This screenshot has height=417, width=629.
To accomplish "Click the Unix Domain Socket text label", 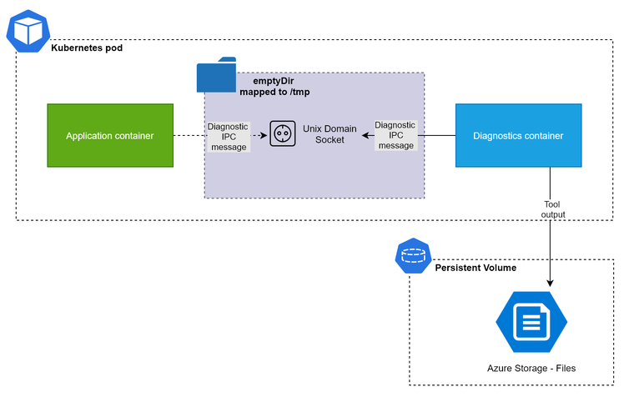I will point(330,134).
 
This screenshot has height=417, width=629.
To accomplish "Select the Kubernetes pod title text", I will point(87,48).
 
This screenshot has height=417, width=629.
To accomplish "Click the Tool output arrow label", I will point(553,209).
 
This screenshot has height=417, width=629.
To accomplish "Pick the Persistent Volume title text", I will point(476,268).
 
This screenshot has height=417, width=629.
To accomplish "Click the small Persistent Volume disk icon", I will point(412,257).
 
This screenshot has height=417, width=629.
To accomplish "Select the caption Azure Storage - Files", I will point(531,368).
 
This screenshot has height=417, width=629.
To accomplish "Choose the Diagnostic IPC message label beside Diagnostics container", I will point(395,135).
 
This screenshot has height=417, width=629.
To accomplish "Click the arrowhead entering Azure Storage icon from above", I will point(551,284).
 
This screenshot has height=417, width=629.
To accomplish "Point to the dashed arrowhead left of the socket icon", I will point(264,135).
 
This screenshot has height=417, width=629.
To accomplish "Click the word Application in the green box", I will point(90,135).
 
